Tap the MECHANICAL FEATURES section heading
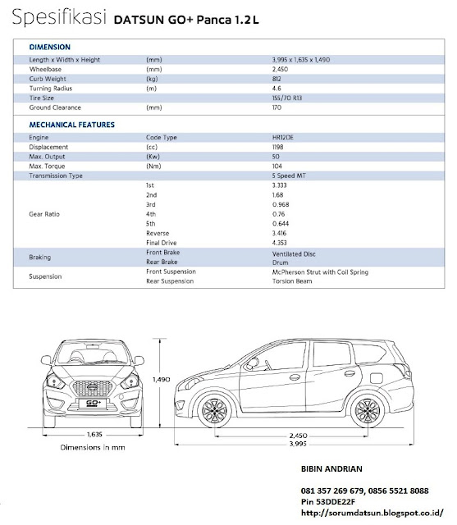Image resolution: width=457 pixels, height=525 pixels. click(71, 125)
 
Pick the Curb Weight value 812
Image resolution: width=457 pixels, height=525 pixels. click(277, 80)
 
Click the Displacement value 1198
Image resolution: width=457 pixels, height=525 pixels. click(278, 146)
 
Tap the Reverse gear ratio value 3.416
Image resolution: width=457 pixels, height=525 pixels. click(280, 234)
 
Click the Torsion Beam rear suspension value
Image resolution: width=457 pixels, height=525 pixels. click(291, 281)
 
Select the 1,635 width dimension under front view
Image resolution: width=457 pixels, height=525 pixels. click(95, 436)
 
